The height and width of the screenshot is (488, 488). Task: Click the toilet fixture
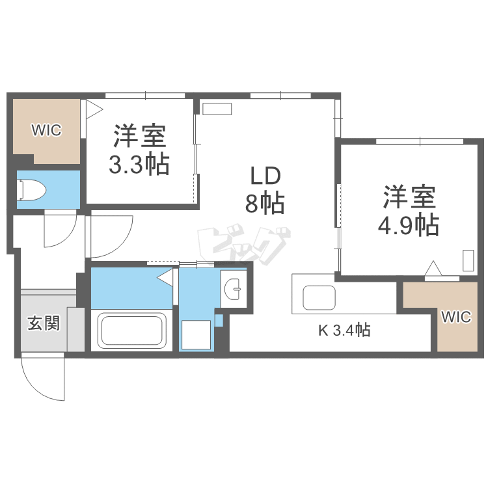(33, 190)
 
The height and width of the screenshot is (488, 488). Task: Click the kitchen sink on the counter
(318, 299)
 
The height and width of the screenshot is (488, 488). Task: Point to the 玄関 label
(44, 323)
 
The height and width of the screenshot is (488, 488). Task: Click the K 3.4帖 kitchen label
(344, 331)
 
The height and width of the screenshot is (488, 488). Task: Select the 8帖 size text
(265, 204)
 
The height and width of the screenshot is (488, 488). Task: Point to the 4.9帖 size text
(408, 225)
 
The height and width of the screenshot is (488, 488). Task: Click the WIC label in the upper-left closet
(47, 130)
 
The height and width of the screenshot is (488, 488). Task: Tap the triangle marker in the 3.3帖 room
(93, 107)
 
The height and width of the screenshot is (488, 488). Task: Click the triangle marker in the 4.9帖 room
(433, 268)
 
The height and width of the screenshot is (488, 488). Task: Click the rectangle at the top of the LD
(217, 109)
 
